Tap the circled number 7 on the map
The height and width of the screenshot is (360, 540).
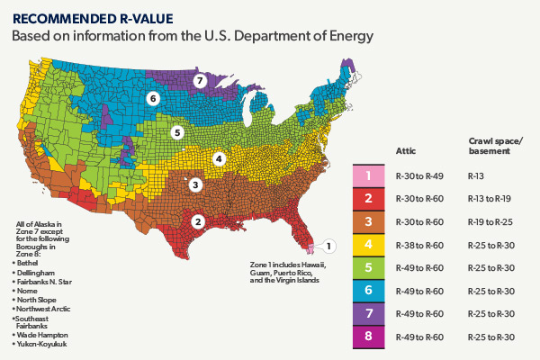tap(201, 80)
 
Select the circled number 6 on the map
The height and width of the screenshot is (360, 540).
tap(153, 98)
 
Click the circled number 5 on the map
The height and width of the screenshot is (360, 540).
tap(177, 132)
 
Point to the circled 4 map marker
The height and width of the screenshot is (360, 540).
tap(218, 158)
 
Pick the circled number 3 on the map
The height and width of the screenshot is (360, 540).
tap(195, 184)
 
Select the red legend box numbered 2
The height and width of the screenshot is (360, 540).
tap(369, 199)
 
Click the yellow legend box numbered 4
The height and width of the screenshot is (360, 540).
tap(369, 244)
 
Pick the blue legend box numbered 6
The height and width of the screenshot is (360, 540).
tap(369, 290)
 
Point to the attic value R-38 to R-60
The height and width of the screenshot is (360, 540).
tap(420, 244)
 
